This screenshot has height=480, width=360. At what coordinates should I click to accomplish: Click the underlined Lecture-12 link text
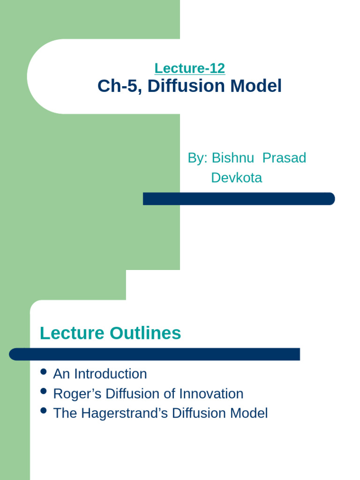tap(189, 68)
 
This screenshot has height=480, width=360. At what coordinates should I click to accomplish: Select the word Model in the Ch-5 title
tap(260, 86)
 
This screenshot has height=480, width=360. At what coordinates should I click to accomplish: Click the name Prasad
tap(284, 158)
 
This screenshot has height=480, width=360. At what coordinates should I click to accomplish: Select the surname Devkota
tap(237, 178)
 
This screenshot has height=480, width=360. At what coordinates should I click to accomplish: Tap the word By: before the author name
tap(197, 158)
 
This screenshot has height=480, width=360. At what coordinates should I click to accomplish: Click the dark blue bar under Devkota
tap(239, 199)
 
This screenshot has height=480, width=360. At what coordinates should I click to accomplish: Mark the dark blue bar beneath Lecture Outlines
tap(155, 354)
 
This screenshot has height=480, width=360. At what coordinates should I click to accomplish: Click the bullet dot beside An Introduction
tap(44, 372)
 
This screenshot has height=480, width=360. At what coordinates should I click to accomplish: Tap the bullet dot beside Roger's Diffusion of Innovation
tap(44, 391)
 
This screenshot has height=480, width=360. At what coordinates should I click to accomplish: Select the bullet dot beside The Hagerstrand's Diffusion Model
tap(44, 411)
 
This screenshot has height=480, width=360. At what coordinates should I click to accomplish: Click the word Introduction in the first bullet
tap(110, 374)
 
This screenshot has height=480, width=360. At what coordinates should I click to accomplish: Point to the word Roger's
tap(75, 394)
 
